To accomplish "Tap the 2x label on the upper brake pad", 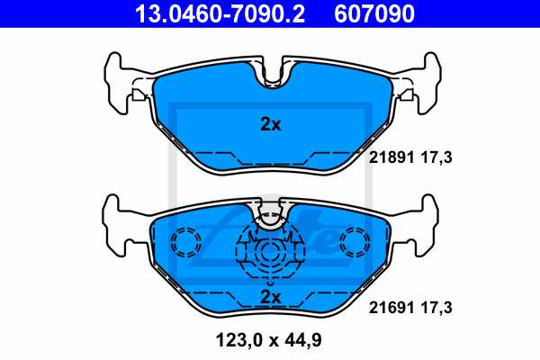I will click(x=270, y=125).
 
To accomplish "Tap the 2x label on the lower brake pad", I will click(x=270, y=296).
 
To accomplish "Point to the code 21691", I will click(x=390, y=307).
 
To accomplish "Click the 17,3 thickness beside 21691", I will click(x=436, y=307).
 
